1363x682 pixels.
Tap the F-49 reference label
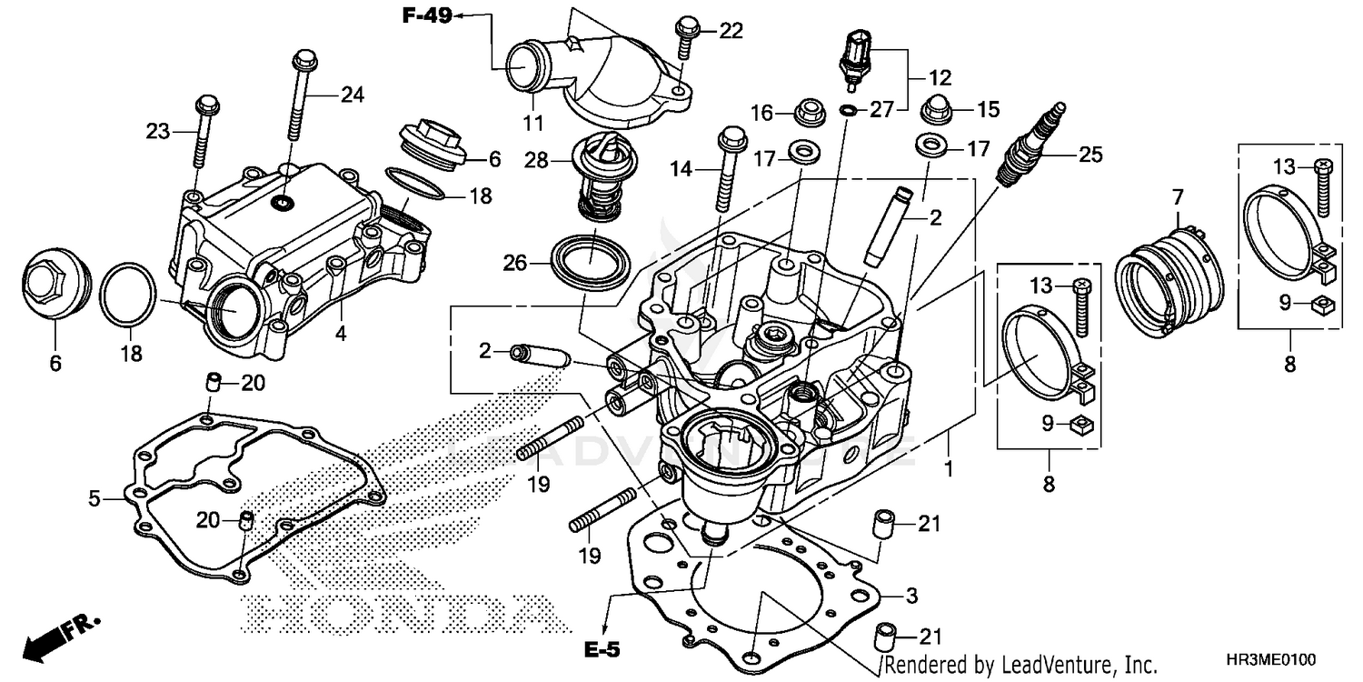click(x=428, y=15)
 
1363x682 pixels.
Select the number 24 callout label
click(x=352, y=94)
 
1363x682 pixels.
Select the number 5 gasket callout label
click(x=94, y=497)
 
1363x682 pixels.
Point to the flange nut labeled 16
click(x=805, y=113)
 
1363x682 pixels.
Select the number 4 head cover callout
click(x=340, y=333)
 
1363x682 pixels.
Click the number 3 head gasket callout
click(x=911, y=596)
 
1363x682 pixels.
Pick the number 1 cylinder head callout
click(x=948, y=470)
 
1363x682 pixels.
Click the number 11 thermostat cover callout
click(x=532, y=122)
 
